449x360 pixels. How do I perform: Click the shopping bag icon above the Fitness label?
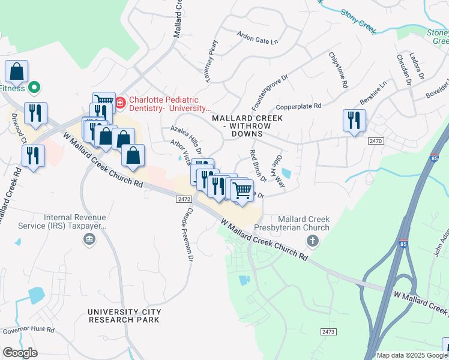tap(17, 71)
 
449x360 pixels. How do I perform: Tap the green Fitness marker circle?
tap(34, 88)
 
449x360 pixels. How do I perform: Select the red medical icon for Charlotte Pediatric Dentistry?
tap(119, 103)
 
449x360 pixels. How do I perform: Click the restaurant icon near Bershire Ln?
tap(355, 119)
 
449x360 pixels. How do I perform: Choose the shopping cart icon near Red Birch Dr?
tap(243, 191)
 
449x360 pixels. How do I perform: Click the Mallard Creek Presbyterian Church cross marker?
tap(312, 241)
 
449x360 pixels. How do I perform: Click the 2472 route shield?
tap(184, 199)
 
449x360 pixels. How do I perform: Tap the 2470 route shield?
tap(376, 140)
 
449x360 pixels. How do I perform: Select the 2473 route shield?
tap(328, 331)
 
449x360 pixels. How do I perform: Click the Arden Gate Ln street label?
tap(258, 38)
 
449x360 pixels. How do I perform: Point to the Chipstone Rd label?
tap(338, 70)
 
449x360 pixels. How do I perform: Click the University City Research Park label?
tap(124, 316)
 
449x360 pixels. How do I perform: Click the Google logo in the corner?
tap(20, 353)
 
